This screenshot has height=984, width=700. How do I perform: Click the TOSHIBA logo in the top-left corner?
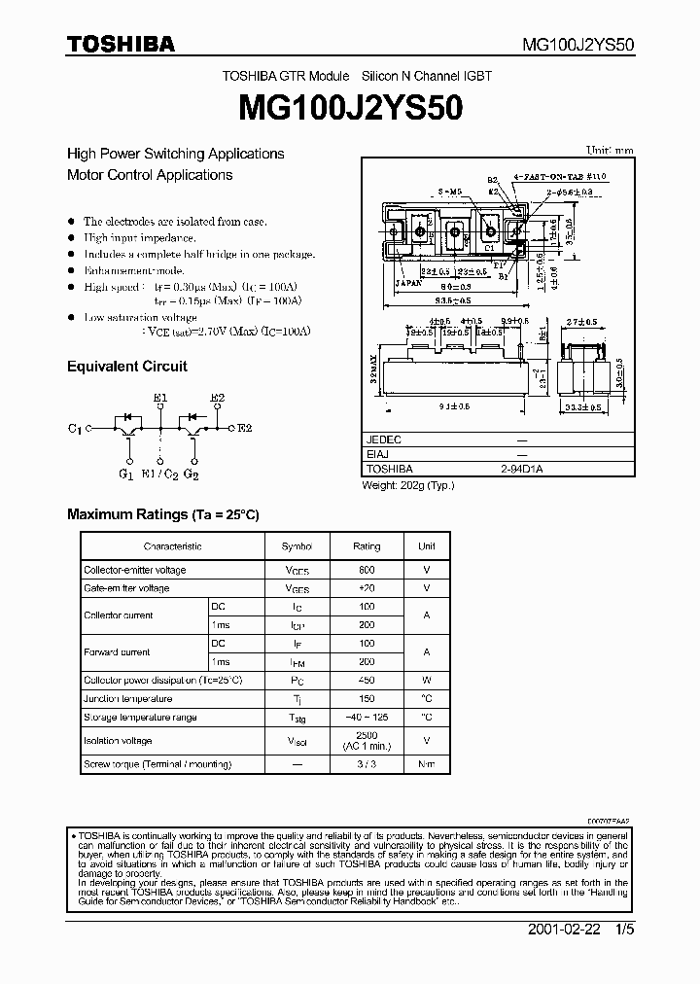pyautogui.click(x=121, y=44)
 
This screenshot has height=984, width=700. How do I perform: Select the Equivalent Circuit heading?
pyautogui.click(x=126, y=367)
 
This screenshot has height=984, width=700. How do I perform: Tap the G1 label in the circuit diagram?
pyautogui.click(x=125, y=474)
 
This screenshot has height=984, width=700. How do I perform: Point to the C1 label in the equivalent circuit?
pyautogui.click(x=75, y=428)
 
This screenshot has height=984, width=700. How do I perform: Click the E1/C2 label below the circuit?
pyautogui.click(x=158, y=474)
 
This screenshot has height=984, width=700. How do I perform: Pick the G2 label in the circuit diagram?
pyautogui.click(x=191, y=474)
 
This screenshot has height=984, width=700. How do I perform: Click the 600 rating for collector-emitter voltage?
pyautogui.click(x=367, y=570)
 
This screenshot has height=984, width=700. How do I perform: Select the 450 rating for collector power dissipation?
pyautogui.click(x=367, y=681)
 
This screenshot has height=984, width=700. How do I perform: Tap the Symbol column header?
pyautogui.click(x=297, y=546)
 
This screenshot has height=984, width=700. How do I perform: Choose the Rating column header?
pyautogui.click(x=367, y=546)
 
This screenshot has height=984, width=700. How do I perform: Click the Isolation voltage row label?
pyautogui.click(x=118, y=741)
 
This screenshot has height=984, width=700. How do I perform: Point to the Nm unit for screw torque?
pyautogui.click(x=426, y=765)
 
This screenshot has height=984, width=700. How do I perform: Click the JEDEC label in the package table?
pyautogui.click(x=383, y=439)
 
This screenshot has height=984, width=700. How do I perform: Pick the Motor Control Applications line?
pyautogui.click(x=150, y=176)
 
